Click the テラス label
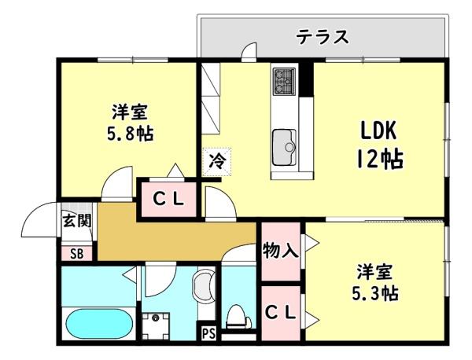322,37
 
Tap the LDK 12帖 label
379,145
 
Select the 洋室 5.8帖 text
131,123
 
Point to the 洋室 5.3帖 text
375,283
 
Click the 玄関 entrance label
76,222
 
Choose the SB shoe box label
77,254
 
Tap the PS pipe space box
208,333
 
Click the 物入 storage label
281,251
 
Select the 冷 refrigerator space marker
217,161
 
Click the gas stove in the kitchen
284,81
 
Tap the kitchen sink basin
284,147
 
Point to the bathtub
99,324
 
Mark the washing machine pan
155,326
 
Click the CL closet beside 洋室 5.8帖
168,199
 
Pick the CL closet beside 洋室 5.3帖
281,314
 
